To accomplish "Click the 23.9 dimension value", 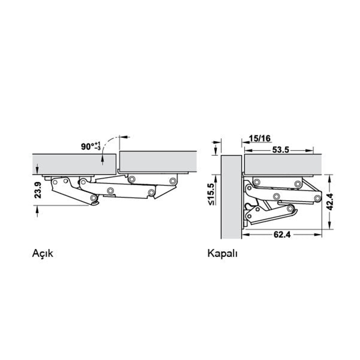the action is [38, 190].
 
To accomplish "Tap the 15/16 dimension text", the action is [260, 139].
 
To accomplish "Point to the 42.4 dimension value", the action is [330, 202].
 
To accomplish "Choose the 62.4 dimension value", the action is [282, 234].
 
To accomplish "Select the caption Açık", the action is [43, 254].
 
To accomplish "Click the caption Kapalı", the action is [222, 254].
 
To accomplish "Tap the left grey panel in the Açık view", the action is [74, 164].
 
